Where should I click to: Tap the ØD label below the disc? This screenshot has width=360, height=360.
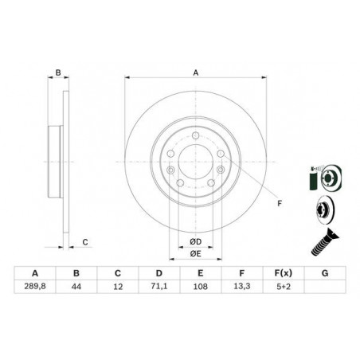195,241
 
